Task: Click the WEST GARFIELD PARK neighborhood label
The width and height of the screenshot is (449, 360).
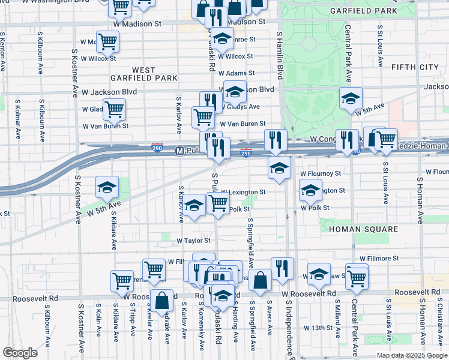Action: click(144, 74)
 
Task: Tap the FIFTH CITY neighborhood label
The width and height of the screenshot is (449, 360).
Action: click(415, 67)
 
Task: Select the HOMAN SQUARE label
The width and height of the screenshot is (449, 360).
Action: click(368, 229)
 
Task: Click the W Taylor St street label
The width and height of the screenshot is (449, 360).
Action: click(193, 240)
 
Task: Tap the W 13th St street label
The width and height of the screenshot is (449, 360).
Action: click(318, 328)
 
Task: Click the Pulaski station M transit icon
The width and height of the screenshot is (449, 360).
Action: click(179, 151)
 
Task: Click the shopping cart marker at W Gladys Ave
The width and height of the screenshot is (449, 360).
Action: click(114, 109)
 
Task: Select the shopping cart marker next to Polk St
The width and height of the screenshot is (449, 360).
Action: click(218, 203)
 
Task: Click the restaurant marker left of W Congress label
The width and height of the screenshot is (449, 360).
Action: click(276, 140)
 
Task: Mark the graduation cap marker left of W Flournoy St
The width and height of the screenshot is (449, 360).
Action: click(280, 169)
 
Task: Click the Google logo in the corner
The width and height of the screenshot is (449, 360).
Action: click(20, 353)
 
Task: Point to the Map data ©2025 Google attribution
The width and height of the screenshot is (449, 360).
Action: click(411, 355)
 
